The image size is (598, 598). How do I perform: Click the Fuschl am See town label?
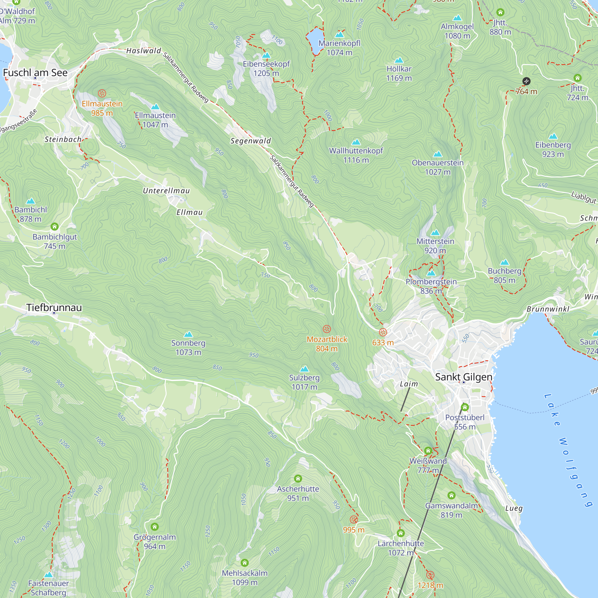tap(35, 73)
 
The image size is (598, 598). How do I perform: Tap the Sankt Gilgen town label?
tap(463, 377)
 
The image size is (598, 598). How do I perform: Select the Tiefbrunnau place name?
tap(54, 307)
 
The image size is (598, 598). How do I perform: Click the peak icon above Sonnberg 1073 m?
tap(188, 334)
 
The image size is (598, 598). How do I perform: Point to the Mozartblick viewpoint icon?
tap(327, 329)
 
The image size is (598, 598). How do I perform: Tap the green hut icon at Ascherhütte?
tap(298, 479)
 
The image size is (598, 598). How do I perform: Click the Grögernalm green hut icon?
tap(155, 527)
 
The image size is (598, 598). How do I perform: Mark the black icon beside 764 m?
tap(526, 81)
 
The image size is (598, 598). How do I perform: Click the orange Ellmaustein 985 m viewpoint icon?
tap(102, 93)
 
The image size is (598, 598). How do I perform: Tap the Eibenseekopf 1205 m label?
tap(266, 68)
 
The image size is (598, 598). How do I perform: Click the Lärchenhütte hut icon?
tap(401, 533)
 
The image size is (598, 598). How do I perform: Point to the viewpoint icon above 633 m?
tap(383, 332)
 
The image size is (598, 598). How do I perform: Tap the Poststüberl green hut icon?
tap(465, 407)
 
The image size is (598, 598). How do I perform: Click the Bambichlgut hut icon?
tap(54, 227)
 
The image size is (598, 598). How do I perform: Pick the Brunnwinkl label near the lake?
tap(548, 309)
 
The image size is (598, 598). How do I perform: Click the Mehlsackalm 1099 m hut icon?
tap(245, 562)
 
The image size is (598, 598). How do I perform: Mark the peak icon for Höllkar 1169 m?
tap(399, 60)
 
